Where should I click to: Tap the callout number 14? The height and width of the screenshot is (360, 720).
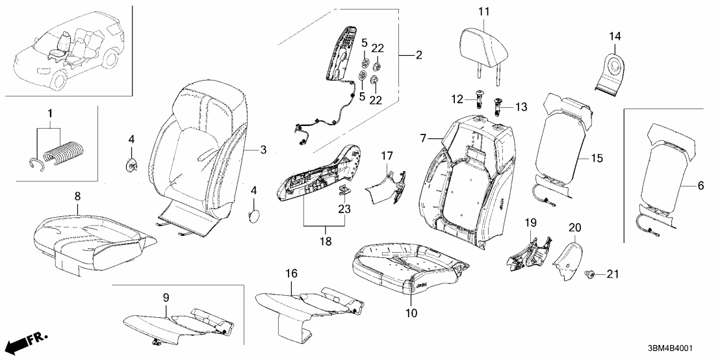pyautogui.click(x=615, y=35)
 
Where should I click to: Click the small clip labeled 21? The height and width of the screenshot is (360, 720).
pyautogui.click(x=591, y=274)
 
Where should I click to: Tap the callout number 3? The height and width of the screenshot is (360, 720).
pyautogui.click(x=263, y=150)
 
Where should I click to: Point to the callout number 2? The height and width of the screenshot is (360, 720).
pyautogui.click(x=418, y=55)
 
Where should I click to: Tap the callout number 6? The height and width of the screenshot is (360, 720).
pyautogui.click(x=700, y=186)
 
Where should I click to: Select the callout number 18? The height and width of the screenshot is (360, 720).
pyautogui.click(x=324, y=241)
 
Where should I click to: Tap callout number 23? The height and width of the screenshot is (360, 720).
pyautogui.click(x=344, y=209)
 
